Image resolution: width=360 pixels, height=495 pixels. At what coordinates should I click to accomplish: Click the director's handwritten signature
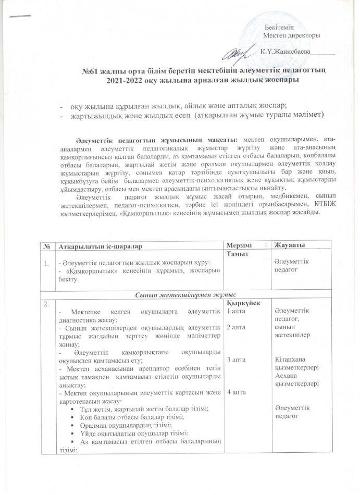click(x=238, y=52)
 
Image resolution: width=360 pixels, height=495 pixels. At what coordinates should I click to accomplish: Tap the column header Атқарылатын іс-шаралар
click(x=100, y=245)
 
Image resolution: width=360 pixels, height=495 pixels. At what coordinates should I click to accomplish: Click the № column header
click(x=47, y=245)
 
